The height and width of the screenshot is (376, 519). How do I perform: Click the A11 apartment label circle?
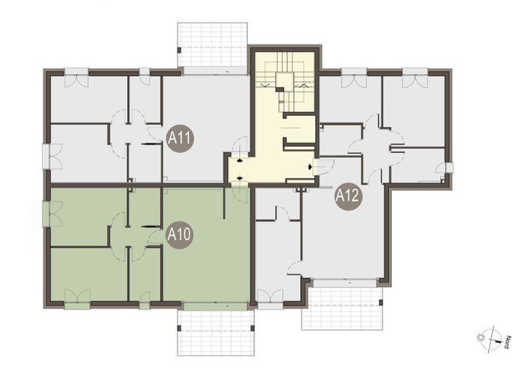click(x=180, y=138)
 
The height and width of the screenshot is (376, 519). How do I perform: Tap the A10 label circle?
click(x=179, y=235)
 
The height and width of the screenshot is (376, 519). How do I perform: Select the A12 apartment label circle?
click(x=348, y=196)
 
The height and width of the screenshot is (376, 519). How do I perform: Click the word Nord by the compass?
click(x=506, y=342)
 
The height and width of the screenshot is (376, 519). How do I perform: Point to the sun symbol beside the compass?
click(x=479, y=338)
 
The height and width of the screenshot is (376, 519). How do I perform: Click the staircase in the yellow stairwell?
click(x=284, y=83)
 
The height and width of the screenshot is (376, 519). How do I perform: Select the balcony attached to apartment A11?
click(x=212, y=44)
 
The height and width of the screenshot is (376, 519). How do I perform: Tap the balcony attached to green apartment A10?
click(x=215, y=332)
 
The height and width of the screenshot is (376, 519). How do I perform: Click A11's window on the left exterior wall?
click(x=47, y=156)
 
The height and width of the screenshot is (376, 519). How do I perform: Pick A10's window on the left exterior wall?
click(x=47, y=214)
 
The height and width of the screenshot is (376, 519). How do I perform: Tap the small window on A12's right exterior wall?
click(x=449, y=168)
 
